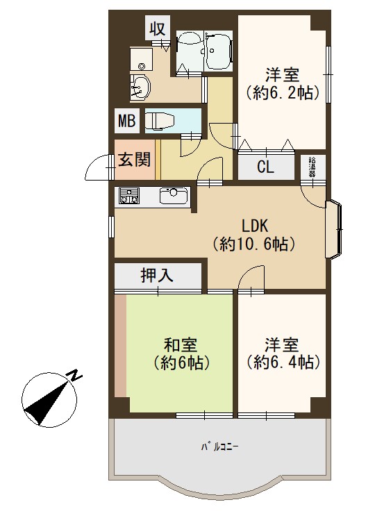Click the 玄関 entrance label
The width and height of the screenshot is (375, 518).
[135, 159]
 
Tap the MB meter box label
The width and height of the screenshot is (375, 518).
[127, 121]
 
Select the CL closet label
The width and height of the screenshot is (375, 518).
[266, 167]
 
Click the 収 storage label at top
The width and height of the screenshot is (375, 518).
[158, 29]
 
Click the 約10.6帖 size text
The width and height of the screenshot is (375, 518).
[253, 244]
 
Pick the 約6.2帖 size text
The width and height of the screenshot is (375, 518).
[283, 92]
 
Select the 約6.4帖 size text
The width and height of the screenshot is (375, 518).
[283, 362]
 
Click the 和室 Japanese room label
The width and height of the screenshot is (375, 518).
[181, 344]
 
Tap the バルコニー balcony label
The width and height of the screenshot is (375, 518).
[219, 447]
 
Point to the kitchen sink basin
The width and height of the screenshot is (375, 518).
[174, 196]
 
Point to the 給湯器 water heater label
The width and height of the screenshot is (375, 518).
[312, 168]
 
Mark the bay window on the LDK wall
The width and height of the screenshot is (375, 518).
[334, 228]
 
